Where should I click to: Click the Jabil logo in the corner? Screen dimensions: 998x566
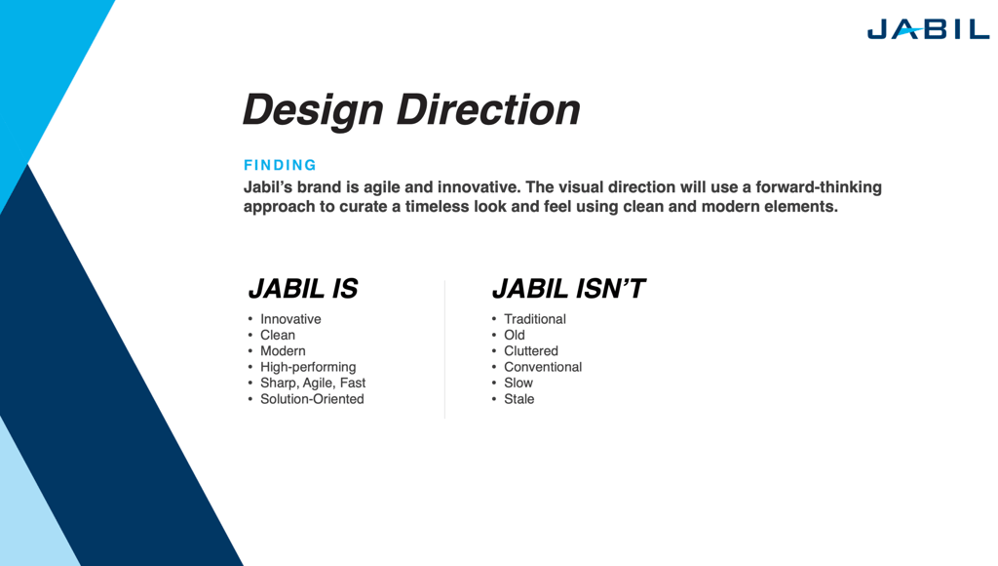(928, 29)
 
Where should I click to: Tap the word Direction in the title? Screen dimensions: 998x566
(488, 109)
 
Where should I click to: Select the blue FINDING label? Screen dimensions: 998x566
(280, 165)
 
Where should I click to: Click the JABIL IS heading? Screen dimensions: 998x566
(303, 289)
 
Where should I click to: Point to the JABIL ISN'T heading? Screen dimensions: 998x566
(568, 289)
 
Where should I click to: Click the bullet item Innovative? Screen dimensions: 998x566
(290, 319)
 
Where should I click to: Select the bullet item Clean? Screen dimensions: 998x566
(278, 335)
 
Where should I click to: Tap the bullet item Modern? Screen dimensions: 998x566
(283, 350)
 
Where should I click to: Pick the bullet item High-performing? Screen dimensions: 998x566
(308, 367)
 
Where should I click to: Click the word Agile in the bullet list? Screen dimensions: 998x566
(318, 384)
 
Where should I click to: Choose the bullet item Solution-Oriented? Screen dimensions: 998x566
(312, 399)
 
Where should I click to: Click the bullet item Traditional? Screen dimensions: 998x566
(535, 319)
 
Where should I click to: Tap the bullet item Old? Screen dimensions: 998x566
(515, 335)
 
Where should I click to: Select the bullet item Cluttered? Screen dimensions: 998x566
(531, 350)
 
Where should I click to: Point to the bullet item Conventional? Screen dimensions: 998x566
(543, 367)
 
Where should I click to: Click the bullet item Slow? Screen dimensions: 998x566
(518, 383)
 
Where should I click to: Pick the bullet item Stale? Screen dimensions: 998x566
(518, 399)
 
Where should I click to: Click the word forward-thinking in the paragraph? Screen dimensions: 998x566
(819, 187)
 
